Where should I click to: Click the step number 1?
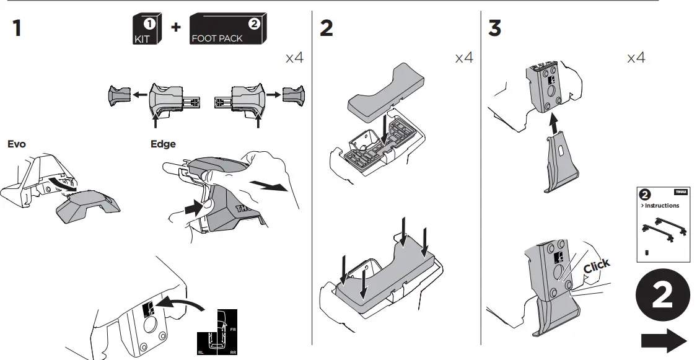17,28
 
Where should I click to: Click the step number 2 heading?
326,28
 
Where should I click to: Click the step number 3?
494,28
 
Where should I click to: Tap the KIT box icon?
147,30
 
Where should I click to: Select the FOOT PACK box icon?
229,30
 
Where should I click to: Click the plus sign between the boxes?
176,28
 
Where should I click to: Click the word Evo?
17,144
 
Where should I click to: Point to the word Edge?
163,144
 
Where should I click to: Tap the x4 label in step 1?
295,58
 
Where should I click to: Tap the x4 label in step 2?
464,58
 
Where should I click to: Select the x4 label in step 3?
636,58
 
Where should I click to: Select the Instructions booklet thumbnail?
662,223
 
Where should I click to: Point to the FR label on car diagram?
233,330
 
